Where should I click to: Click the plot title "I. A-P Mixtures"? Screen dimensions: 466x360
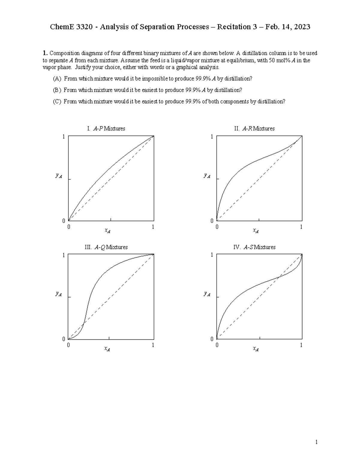tap(106, 128)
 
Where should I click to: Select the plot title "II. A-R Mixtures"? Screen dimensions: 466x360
tap(254, 128)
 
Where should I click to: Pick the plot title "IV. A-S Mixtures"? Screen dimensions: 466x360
tap(254, 247)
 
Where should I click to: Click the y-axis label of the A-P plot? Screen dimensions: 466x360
tap(58, 176)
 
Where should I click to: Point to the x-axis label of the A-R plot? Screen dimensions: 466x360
tap(256, 230)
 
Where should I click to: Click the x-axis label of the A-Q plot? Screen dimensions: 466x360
tap(107, 349)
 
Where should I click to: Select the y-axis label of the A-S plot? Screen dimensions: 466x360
tap(207, 294)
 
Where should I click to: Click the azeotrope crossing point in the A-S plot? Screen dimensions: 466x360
tap(279, 277)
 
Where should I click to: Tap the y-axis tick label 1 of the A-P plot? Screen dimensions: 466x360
tap(64, 137)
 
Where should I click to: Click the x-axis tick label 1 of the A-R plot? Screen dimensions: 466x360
tap(301, 227)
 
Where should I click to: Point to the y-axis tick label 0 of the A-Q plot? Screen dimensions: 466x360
tap(64, 339)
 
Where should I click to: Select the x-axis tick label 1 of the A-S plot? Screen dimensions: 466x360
tap(301, 345)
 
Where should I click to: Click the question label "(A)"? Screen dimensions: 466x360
tap(57, 79)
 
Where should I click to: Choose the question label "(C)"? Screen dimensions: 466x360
tap(57, 101)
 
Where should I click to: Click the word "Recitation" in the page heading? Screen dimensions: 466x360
tap(233, 27)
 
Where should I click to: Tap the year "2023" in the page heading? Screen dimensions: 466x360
tap(302, 27)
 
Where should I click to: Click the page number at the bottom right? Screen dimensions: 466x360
tap(316, 442)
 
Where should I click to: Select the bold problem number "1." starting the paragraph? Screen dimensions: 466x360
tap(45, 53)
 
